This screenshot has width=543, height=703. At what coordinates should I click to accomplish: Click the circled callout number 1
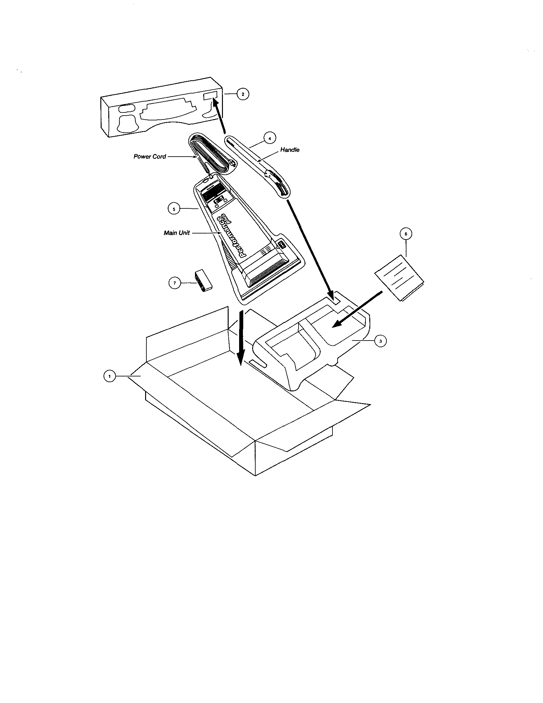[110, 376]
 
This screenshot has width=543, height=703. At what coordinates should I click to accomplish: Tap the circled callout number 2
[243, 94]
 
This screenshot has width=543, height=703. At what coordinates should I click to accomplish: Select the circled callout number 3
[380, 341]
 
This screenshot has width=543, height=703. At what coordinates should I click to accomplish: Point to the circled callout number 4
[270, 139]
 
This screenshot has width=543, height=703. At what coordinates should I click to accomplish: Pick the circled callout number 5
[174, 209]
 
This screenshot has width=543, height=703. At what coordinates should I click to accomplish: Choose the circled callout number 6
[406, 234]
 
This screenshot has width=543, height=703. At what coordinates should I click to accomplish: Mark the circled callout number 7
[175, 283]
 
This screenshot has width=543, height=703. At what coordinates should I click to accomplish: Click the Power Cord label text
[150, 157]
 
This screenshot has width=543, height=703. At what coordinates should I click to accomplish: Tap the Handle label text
[290, 150]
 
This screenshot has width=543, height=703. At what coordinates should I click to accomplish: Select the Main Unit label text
[177, 233]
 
